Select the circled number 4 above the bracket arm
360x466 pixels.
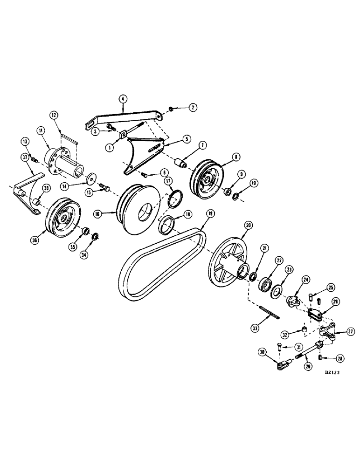click(122, 99)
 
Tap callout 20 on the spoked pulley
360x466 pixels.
click(247, 225)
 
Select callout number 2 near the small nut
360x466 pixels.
click(193, 107)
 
